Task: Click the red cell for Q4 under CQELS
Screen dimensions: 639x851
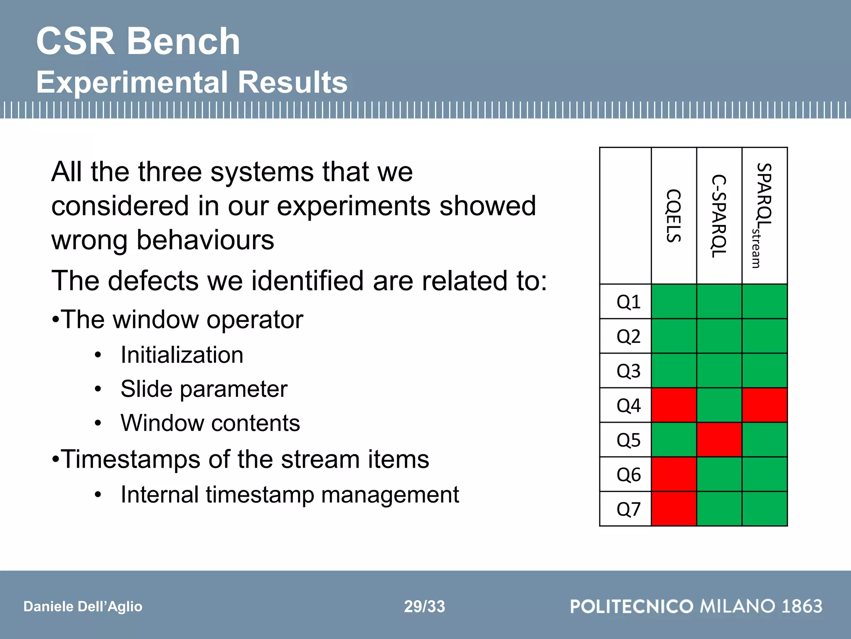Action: pyautogui.click(x=674, y=405)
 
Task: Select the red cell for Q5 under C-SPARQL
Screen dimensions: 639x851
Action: pyautogui.click(x=719, y=440)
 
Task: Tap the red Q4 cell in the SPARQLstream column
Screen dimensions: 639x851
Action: pyautogui.click(x=764, y=405)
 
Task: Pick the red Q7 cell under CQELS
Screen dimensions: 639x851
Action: pyautogui.click(x=674, y=509)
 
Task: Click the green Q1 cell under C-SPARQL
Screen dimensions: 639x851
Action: pyautogui.click(x=719, y=302)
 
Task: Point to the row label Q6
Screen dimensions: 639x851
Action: pyautogui.click(x=628, y=475)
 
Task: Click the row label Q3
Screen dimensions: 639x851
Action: pyautogui.click(x=628, y=371)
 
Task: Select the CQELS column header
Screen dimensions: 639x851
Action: pyautogui.click(x=674, y=215)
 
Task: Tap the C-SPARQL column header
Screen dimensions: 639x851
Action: pyautogui.click(x=719, y=215)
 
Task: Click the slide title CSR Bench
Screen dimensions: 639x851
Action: pyautogui.click(x=138, y=41)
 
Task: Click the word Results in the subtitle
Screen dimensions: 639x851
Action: pyautogui.click(x=293, y=82)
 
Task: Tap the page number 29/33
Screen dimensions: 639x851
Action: pyautogui.click(x=424, y=607)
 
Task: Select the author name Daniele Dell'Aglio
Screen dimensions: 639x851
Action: pyautogui.click(x=83, y=607)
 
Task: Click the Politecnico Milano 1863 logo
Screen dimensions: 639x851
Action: pyautogui.click(x=696, y=606)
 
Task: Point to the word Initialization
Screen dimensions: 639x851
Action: pyautogui.click(x=182, y=355)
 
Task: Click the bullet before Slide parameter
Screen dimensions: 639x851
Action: pyautogui.click(x=98, y=389)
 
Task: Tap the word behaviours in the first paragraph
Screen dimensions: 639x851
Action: pyautogui.click(x=205, y=240)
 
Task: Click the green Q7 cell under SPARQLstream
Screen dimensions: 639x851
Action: pyautogui.click(x=764, y=509)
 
